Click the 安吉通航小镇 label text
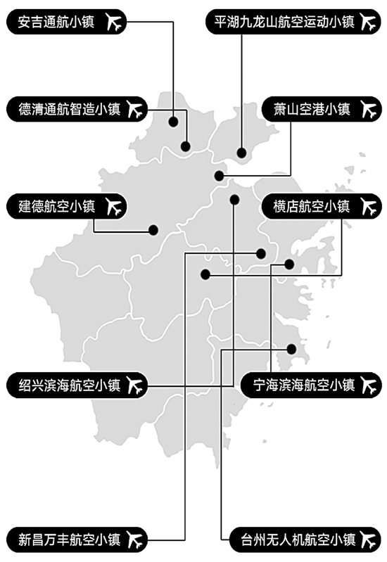[x=56, y=22]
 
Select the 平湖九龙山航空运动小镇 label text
[x=284, y=22]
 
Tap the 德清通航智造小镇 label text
[x=69, y=109]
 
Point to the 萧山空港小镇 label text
[x=311, y=109]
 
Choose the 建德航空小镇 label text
[x=56, y=207]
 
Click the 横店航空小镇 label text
[x=311, y=207]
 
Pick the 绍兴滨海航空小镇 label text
[x=69, y=385]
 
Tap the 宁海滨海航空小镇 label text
[x=303, y=385]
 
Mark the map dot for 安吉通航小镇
[x=174, y=122]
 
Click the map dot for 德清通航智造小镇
[x=186, y=146]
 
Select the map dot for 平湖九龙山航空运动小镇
[x=242, y=153]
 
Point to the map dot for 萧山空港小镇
[x=219, y=176]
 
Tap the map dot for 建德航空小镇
[x=153, y=230]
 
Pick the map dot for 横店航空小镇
[x=205, y=275]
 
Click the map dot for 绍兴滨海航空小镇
[x=234, y=200]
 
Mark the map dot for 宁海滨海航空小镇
[x=289, y=264]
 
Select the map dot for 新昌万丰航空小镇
[x=261, y=254]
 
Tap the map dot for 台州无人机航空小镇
[x=291, y=349]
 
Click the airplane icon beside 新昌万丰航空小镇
[x=135, y=539]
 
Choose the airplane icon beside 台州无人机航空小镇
[x=368, y=539]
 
